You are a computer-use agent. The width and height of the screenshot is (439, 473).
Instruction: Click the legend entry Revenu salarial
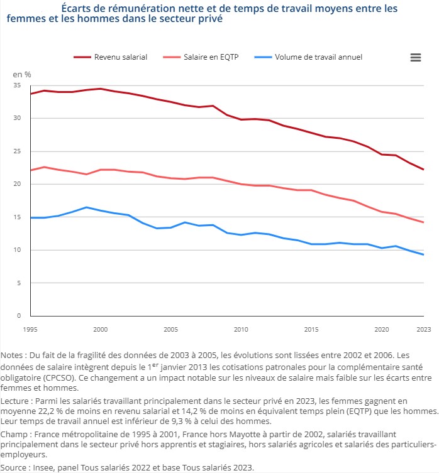pyautogui.click(x=120, y=57)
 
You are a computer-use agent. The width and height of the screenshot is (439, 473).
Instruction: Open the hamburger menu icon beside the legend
pyautogui.click(x=415, y=57)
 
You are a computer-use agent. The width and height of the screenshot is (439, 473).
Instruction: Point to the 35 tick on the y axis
pyautogui.click(x=16, y=85)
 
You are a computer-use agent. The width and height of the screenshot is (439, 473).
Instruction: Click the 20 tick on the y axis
pyautogui.click(x=16, y=184)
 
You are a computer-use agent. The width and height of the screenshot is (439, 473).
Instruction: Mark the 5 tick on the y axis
pyautogui.click(x=18, y=283)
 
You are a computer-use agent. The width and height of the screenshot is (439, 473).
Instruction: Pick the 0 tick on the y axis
pyautogui.click(x=18, y=316)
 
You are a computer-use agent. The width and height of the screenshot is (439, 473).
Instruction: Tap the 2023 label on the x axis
pyautogui.click(x=423, y=329)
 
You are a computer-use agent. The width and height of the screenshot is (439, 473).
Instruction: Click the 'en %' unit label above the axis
pyautogui.click(x=22, y=74)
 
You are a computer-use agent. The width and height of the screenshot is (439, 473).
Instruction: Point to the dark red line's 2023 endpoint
pyautogui.click(x=423, y=170)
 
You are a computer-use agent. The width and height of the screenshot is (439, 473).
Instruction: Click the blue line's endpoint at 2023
pyautogui.click(x=423, y=254)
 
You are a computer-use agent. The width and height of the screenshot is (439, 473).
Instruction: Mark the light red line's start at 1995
pyautogui.click(x=30, y=170)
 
